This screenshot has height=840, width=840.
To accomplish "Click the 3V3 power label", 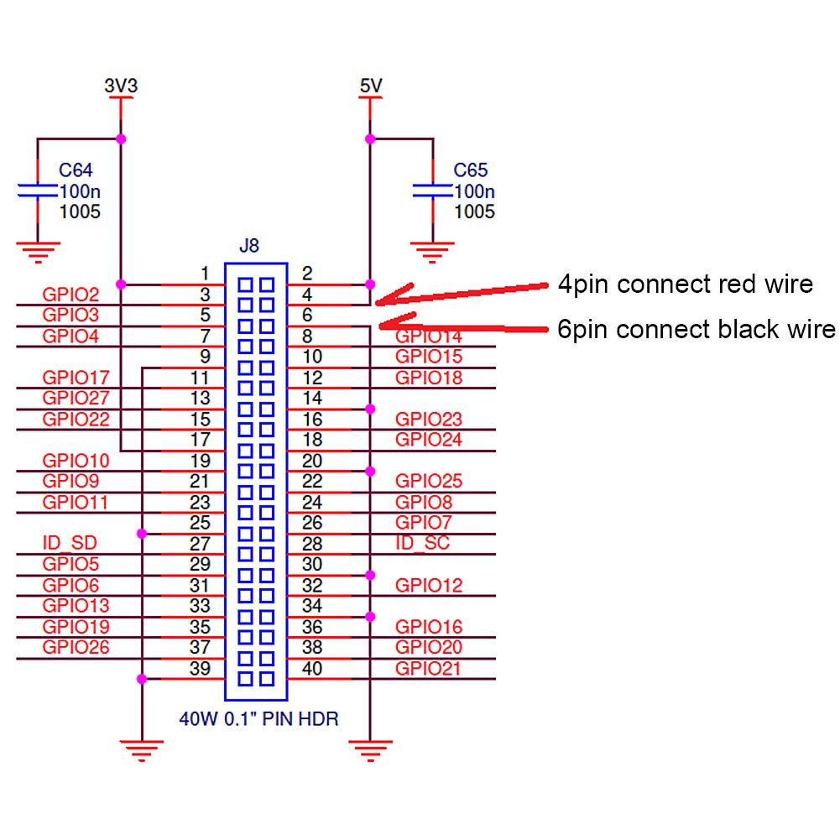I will tap(121, 86).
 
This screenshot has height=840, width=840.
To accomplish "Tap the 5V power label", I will tap(369, 86).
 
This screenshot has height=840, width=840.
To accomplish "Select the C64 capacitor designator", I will tap(76, 171).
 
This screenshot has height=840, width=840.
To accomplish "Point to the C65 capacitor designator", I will tap(471, 171).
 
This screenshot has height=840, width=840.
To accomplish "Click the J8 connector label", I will tap(249, 247).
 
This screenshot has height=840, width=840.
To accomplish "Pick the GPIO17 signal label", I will tap(76, 378).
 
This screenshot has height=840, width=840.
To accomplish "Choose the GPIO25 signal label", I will tap(429, 482).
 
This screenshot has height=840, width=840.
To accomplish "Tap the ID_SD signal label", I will tap(64, 543).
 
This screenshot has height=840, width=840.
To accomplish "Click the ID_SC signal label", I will tap(422, 543).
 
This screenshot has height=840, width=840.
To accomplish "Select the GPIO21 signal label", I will tap(429, 669).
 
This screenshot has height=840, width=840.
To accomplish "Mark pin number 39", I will tap(201, 669).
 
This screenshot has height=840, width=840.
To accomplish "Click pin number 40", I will tap(312, 669).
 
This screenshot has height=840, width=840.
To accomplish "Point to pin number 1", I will tap(205, 274).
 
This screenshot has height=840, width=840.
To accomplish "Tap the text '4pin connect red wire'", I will tap(686, 284).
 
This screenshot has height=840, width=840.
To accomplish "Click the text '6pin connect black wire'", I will tap(697, 329).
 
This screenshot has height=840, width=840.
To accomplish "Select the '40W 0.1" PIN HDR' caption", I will tap(258, 719).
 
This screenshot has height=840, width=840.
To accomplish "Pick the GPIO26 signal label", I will tap(76, 648).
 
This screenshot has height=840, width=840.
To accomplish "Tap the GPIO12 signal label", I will tap(429, 586).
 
